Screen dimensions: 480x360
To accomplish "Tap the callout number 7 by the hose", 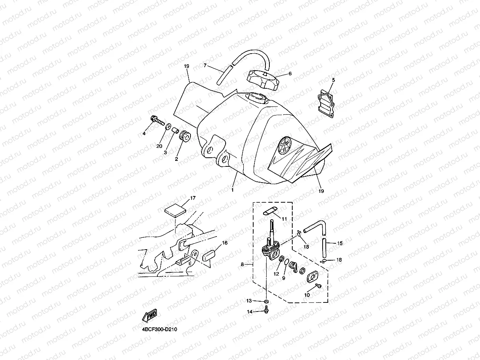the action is [205, 65].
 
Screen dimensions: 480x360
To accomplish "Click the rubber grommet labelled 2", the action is [185, 137].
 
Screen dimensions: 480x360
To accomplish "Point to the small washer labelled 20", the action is [168, 126].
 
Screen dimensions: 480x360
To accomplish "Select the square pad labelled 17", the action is [174, 209].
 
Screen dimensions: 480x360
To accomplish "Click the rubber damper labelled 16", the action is [210, 254].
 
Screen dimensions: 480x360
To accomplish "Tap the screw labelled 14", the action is [267, 312].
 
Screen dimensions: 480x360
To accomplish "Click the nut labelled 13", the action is [267, 302].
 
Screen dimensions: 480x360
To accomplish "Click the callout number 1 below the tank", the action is [233, 190].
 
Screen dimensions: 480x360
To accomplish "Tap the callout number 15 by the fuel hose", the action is [340, 244].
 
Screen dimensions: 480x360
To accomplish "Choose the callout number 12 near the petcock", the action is [276, 274].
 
